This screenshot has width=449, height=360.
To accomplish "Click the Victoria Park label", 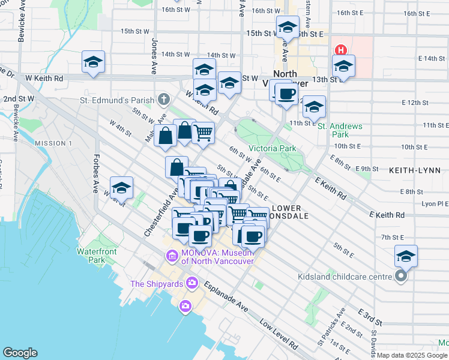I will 269,148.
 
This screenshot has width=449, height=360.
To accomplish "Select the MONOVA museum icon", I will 172,256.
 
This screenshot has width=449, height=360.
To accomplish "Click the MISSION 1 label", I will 53,143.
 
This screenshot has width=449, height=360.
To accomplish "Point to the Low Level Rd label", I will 279,335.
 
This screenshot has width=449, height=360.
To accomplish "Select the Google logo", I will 20,353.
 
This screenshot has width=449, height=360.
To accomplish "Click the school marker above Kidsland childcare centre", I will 406,256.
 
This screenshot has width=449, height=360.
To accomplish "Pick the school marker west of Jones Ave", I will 93,62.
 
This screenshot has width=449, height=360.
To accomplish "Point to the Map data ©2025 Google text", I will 412,355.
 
